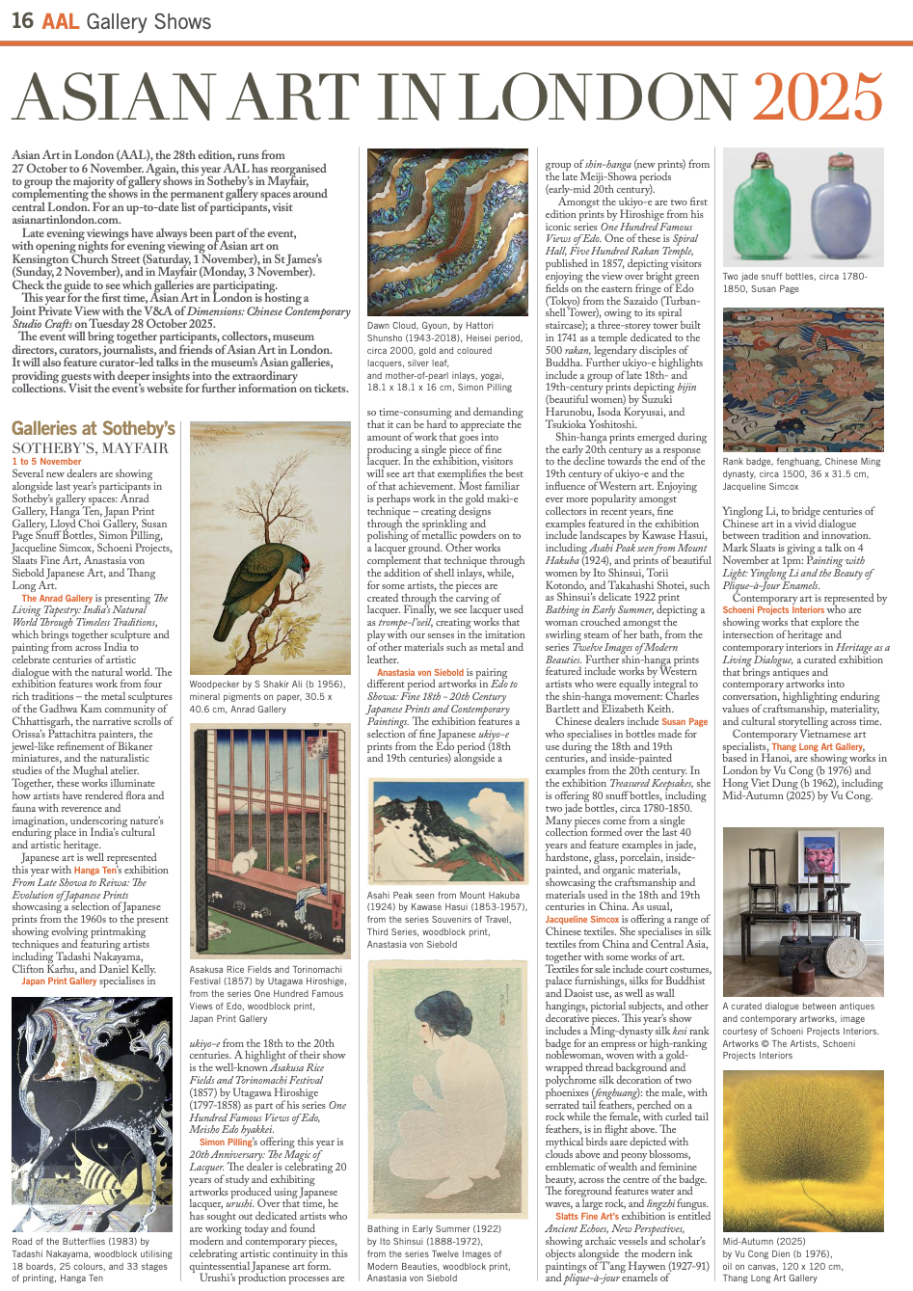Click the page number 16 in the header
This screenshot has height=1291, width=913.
(x=22, y=20)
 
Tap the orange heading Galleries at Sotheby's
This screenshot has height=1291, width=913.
(x=94, y=428)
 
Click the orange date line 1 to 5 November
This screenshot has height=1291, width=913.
(x=46, y=462)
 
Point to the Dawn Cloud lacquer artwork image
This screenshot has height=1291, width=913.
(x=447, y=231)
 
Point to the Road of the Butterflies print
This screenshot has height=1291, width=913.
(x=92, y=1114)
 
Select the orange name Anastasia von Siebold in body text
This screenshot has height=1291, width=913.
(x=420, y=672)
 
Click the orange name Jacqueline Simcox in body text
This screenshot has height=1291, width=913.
(x=582, y=920)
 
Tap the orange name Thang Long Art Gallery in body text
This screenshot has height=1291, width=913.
(x=818, y=746)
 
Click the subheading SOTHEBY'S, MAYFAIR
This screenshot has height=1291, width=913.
(x=90, y=447)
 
